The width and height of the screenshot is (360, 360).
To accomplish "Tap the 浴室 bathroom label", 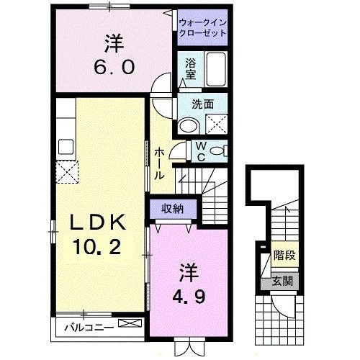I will tap(191, 68).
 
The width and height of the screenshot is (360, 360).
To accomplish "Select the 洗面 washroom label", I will tap(202, 104).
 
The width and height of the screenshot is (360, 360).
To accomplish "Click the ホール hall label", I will tap(160, 162).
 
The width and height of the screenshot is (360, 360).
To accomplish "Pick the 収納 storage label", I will tap(171, 208).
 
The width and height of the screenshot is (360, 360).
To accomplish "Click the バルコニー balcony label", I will tap(89, 327).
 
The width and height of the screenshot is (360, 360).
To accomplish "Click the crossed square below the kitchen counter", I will tap(68, 170).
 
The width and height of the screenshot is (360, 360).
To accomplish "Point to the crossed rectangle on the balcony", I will tap(130, 325).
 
